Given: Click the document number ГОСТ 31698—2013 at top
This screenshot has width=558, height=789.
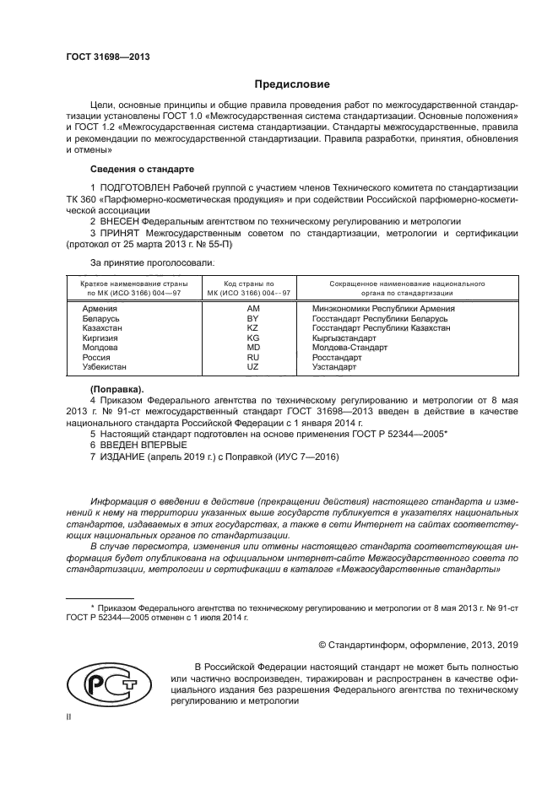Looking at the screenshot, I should (102, 57).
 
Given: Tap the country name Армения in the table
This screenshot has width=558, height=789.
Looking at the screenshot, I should (99, 309).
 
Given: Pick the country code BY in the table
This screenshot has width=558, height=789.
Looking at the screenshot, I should (252, 319).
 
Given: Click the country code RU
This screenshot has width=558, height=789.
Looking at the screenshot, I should (252, 358).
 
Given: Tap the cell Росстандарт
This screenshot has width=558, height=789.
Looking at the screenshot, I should (337, 358).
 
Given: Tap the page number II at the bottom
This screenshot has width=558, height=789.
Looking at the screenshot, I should (69, 716).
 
